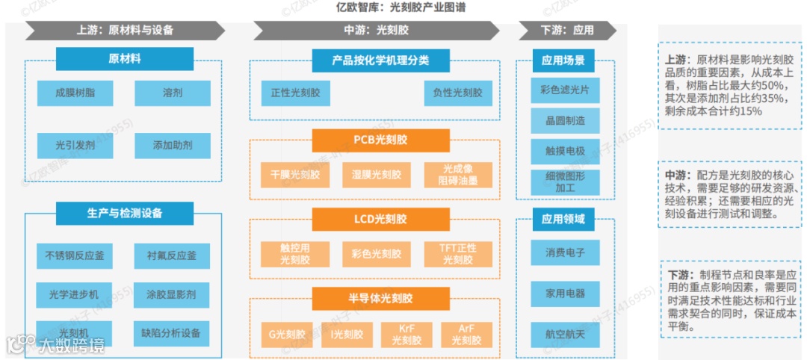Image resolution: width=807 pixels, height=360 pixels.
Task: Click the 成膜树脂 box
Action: [75, 93]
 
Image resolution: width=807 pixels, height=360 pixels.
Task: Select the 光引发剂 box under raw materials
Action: [75, 145]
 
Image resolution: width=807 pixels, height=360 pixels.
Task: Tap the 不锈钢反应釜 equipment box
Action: [75, 255]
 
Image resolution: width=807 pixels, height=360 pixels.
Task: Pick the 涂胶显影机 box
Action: [172, 294]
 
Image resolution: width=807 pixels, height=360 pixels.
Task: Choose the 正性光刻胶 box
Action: [295, 93]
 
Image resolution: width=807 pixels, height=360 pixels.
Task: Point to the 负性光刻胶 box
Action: [458, 93]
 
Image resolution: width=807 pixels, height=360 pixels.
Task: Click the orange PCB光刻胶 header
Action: [381, 140]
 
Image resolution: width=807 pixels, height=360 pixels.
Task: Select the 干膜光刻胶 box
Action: [295, 175]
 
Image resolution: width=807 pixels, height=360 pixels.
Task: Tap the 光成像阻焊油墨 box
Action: [458, 175]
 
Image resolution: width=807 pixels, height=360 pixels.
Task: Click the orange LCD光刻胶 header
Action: [381, 219]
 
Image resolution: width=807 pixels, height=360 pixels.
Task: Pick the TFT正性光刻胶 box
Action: [458, 254]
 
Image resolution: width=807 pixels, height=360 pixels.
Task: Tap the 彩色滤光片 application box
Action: [565, 90]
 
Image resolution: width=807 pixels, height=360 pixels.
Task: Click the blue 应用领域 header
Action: [565, 220]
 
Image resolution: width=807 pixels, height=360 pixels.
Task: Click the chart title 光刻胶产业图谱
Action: [403, 7]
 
